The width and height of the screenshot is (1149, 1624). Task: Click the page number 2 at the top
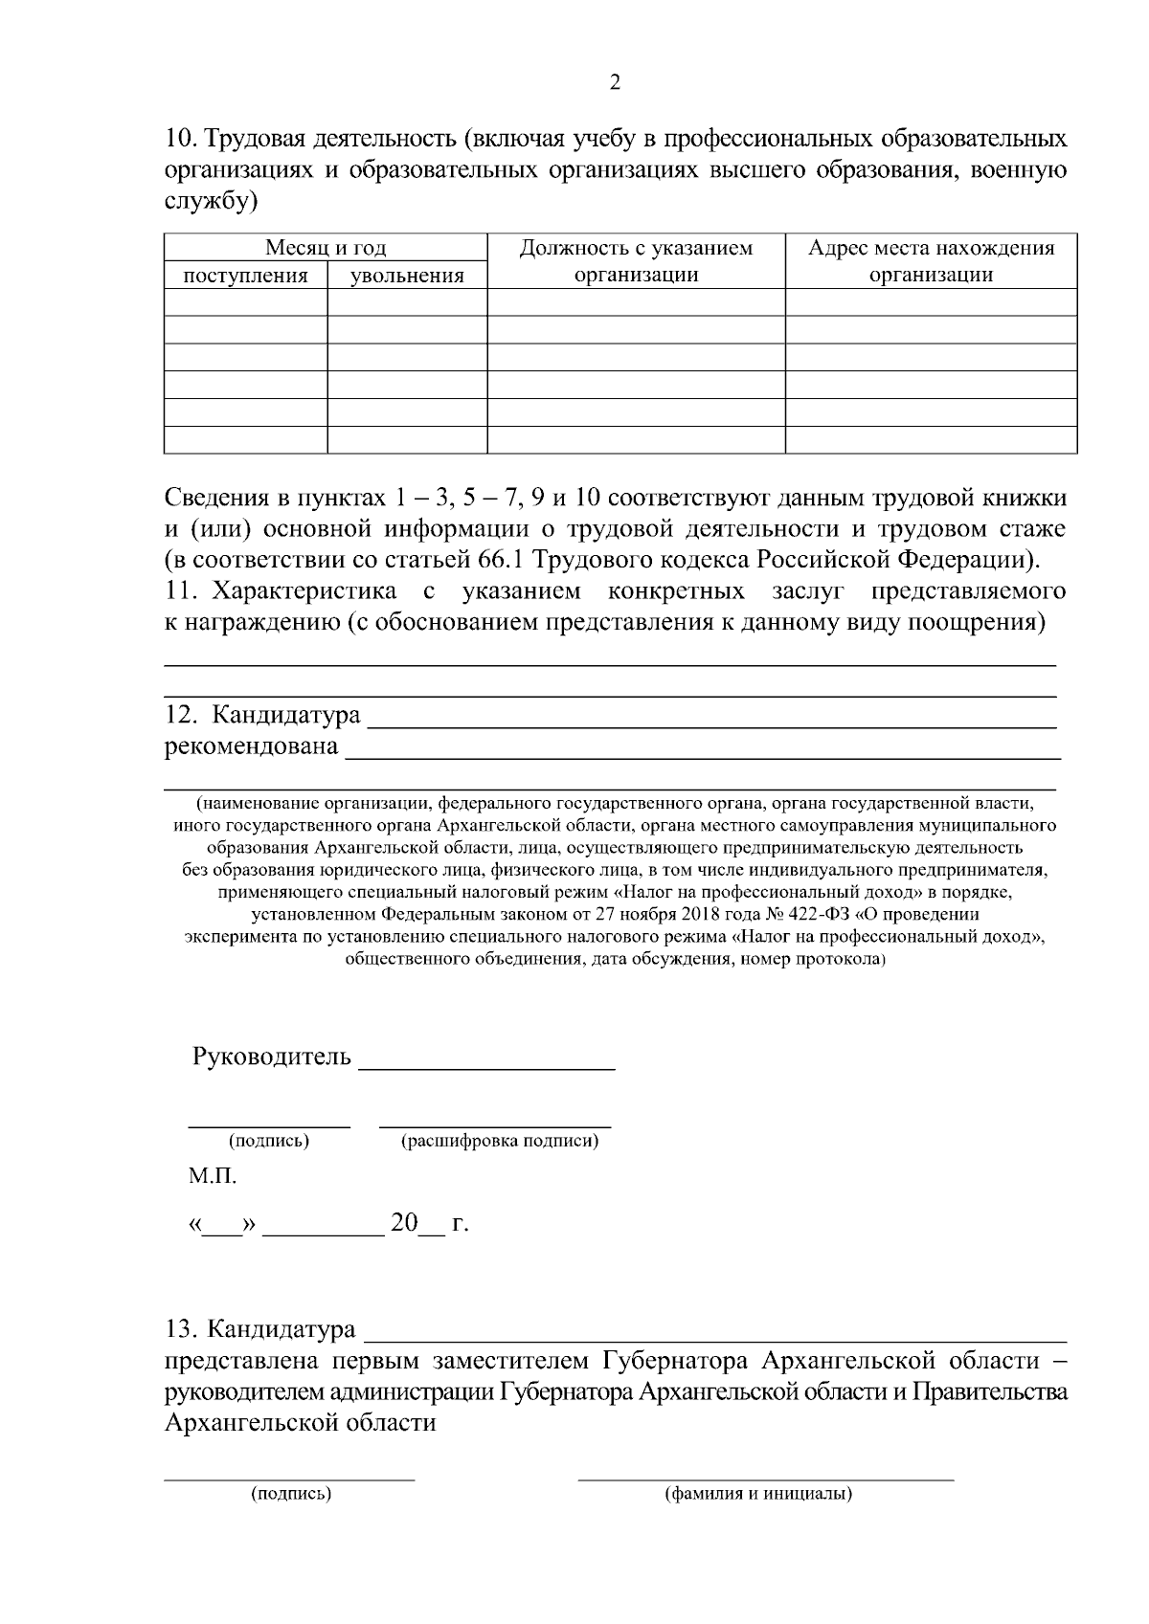tap(615, 83)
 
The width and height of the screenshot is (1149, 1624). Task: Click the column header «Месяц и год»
tap(326, 249)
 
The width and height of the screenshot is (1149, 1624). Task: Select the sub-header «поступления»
tap(245, 277)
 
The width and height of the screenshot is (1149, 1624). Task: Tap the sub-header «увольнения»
tap(407, 277)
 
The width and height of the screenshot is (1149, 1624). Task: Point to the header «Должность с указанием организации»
tap(636, 261)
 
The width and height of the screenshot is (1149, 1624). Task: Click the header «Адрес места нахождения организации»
tap(931, 261)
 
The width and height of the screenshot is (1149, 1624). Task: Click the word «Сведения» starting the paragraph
tap(214, 499)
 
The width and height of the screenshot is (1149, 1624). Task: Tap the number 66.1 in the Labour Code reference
tap(498, 558)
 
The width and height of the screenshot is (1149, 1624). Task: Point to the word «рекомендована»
tap(251, 745)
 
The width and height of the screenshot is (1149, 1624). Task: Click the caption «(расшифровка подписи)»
tap(500, 1141)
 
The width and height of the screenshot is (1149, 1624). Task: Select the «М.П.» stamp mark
tap(212, 1177)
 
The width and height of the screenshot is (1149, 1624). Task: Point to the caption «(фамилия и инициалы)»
tap(758, 1494)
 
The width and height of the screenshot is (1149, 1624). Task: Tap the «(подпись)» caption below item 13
tap(291, 1494)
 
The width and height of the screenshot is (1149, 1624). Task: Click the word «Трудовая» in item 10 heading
tap(252, 141)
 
